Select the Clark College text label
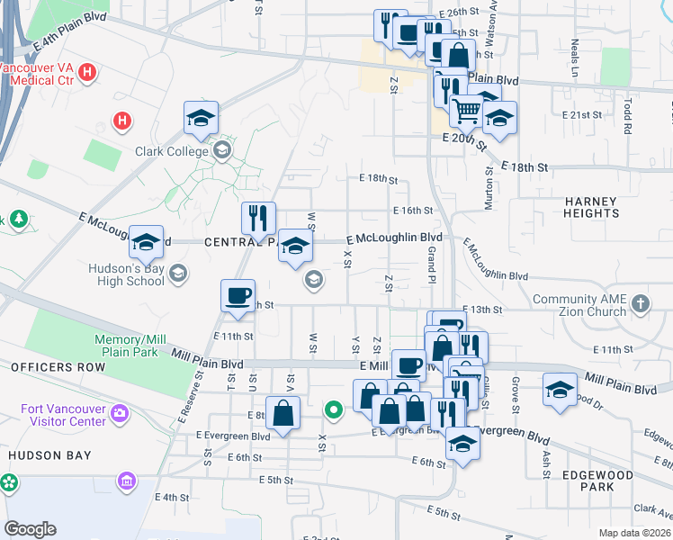point(172,151)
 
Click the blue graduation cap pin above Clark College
point(202,118)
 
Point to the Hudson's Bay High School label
point(127,274)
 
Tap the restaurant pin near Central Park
point(258,218)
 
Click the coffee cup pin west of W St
point(238,296)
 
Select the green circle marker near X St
point(334,410)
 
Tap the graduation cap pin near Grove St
point(560,391)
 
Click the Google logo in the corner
point(30,529)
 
